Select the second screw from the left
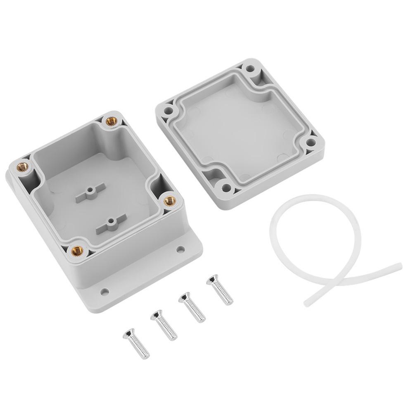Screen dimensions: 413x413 tap(164, 325)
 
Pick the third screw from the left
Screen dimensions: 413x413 tap(192, 307)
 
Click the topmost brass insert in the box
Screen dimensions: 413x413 tap(110, 121)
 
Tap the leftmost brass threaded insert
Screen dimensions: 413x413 tap(23, 167)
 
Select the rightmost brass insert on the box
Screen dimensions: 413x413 tap(169, 201)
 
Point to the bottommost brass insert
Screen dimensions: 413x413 tap(77, 250)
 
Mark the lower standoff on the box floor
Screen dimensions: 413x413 tap(111, 224)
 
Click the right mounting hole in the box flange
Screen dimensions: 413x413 tap(180, 249)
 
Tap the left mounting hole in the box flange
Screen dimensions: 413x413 tap(105, 292)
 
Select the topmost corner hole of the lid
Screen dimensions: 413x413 tap(250, 69)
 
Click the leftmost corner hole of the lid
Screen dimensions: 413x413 tap(168, 111)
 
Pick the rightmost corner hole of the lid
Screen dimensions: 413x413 tap(311, 143)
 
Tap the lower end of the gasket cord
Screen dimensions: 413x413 tap(307, 303)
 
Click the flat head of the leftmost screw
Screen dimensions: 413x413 tap(128, 333)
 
